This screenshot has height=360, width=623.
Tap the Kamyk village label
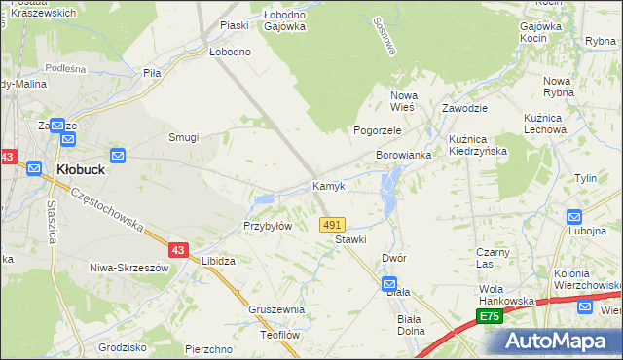pos(328,185)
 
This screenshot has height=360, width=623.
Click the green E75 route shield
pos(491,317)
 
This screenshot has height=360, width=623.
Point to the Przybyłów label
pos(268,226)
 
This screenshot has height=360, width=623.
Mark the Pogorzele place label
pos(377,129)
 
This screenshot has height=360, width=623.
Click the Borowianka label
pos(404,155)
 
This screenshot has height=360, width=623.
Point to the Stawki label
pos(350,238)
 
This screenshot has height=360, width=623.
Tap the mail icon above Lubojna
pos(573,217)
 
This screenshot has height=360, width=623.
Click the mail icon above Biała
pos(389,283)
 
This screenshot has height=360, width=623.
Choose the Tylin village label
pos(585,178)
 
